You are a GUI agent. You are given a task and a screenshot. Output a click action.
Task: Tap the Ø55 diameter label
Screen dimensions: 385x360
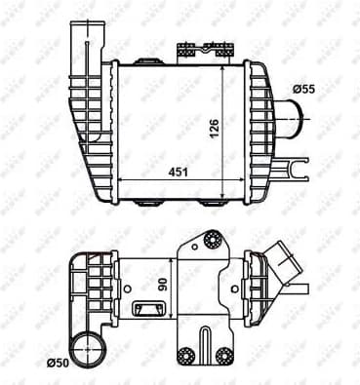pyautogui.click(x=303, y=90)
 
